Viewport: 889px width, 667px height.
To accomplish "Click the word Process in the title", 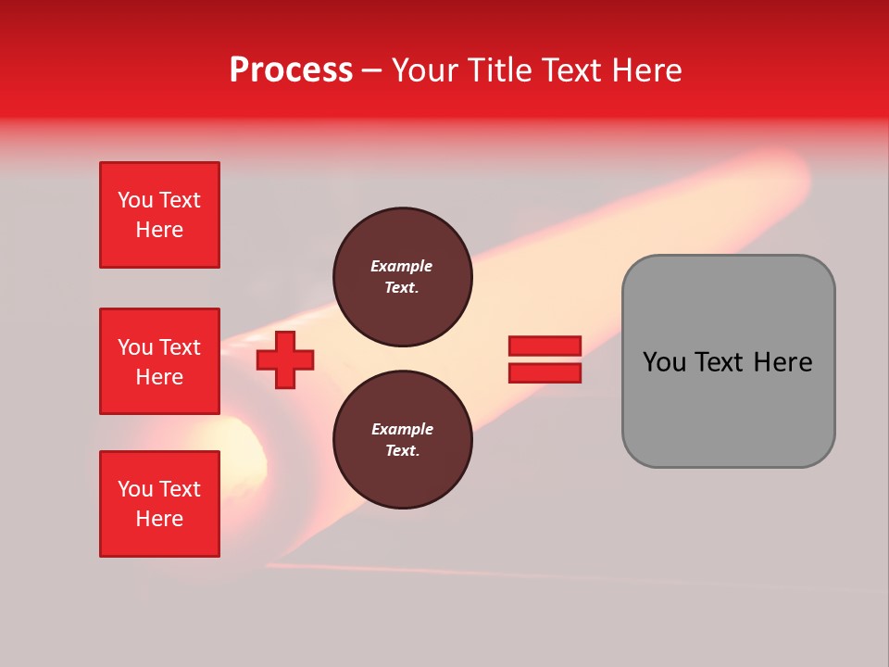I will (x=291, y=70).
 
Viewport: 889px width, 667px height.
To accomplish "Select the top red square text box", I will (x=159, y=215).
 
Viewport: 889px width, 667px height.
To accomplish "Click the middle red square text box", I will (x=159, y=361).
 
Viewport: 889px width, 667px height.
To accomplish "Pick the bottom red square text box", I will (x=159, y=504).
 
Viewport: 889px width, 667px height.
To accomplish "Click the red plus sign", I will (x=285, y=359).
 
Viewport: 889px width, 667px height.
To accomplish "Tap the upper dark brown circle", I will (x=403, y=277).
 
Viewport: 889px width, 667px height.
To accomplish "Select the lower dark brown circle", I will (x=403, y=440).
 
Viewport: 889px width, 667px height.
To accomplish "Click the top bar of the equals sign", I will (x=545, y=346).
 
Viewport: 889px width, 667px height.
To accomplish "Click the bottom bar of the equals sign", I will (x=545, y=372).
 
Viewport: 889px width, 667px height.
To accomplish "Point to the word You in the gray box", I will (x=664, y=362).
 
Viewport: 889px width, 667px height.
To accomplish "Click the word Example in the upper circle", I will (x=402, y=266).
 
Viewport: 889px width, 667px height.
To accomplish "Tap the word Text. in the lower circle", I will (x=402, y=451).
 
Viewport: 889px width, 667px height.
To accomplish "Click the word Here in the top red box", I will (x=159, y=230).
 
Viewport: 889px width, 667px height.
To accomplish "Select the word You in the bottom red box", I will (x=134, y=489).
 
